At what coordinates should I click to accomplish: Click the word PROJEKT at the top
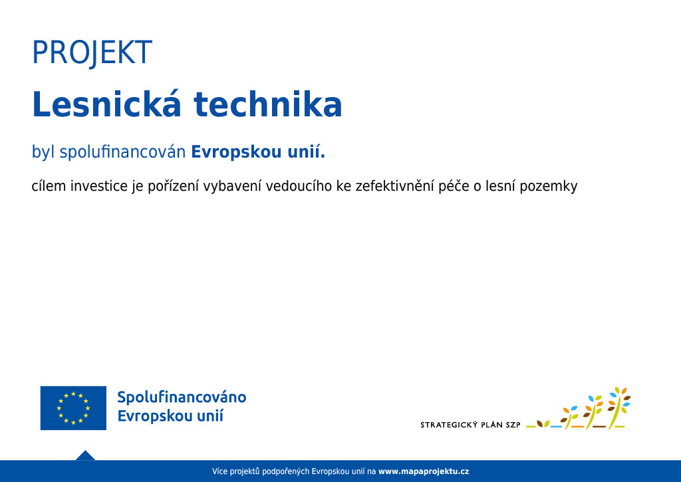pos(92,53)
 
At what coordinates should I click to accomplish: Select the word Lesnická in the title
pos(106,104)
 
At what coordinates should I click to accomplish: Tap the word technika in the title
pos(268,104)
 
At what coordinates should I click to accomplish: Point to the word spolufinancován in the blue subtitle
pos(122,152)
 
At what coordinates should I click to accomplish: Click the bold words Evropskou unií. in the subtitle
pos(258,152)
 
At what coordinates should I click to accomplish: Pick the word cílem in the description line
pos(49,186)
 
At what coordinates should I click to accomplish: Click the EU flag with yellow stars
pos(73,408)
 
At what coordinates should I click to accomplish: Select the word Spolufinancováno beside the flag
pos(182,397)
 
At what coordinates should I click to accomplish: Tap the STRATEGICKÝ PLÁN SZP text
pos(470,425)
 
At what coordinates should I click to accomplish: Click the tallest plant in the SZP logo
pos(619,408)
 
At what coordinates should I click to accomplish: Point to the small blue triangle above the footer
pos(85,455)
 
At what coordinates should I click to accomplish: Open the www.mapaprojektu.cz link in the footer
pos(424,471)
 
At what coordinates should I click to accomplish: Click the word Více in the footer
pos(219,471)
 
